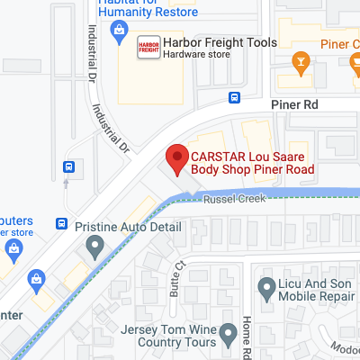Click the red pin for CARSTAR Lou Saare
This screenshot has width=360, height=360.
176,158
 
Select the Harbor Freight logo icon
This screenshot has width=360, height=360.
148,48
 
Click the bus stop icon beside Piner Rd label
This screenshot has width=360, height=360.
234,98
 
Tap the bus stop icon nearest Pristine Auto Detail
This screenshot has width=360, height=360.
62,223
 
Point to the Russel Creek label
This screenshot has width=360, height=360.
234,199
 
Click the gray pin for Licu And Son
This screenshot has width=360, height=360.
266,288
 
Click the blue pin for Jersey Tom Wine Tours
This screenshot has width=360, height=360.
206,343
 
